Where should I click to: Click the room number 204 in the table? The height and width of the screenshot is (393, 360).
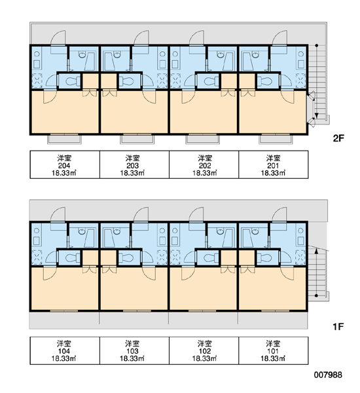[x=64, y=166]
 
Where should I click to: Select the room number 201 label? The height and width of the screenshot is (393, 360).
[x=273, y=166]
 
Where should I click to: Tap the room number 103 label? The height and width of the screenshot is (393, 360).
[x=132, y=351]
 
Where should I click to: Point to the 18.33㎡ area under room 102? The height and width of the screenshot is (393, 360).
[x=204, y=358]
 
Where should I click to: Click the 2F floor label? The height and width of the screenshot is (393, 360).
[x=338, y=138]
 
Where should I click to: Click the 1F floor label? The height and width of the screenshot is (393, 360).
[x=338, y=327]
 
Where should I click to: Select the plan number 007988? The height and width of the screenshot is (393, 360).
[x=328, y=375]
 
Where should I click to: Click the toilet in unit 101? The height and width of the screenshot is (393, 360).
[x=266, y=257]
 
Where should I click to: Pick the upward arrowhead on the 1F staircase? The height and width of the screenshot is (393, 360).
[x=316, y=251]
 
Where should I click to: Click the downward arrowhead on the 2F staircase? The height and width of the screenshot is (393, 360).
[x=317, y=115]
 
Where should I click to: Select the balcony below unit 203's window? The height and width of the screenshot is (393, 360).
[x=137, y=140]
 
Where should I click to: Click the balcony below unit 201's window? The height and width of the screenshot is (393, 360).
[x=276, y=140]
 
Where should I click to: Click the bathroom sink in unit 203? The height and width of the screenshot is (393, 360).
[x=117, y=54]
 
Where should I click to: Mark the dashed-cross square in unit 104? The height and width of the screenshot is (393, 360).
[x=37, y=257]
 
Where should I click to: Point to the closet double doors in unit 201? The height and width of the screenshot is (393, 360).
[x=248, y=93]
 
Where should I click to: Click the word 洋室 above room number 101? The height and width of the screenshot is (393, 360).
[x=273, y=343]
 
